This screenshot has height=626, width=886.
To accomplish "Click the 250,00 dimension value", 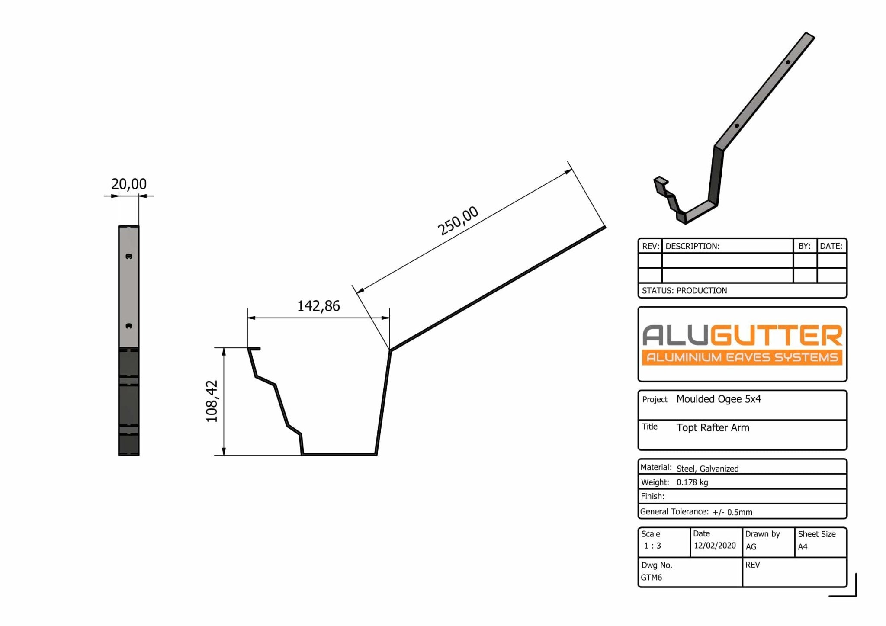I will pos(458,221).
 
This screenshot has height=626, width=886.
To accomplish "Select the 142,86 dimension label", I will pos(318,306).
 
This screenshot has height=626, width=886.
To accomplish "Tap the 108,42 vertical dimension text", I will pos(212,401).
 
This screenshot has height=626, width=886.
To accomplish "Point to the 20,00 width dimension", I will pos(129,184).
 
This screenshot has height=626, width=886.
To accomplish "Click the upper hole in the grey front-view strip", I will pos(128,256).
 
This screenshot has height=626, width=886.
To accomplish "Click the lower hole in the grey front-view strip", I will pos(128,326).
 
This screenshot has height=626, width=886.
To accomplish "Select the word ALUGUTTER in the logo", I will pos(742,336).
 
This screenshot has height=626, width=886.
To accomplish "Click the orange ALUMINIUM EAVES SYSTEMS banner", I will pos(742,357).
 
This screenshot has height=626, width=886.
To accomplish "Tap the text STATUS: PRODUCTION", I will pos(684,291).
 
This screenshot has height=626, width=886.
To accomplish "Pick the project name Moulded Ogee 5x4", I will pos(719,399).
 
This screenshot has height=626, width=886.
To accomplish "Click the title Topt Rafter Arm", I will pos(713,428).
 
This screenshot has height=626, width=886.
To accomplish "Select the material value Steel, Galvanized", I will pos(707,469).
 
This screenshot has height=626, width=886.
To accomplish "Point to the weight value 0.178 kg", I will pos(692,482).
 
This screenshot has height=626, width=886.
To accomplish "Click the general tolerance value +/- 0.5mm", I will pos(732,512).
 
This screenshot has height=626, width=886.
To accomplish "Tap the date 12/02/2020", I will pos(715,546).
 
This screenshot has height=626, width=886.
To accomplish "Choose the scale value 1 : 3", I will pos(652,546).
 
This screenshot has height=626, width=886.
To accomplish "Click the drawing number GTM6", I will pos(651,578).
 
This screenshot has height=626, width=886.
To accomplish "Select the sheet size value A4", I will pos(803,547).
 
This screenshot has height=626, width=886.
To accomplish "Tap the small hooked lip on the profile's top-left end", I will pos(254,348).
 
